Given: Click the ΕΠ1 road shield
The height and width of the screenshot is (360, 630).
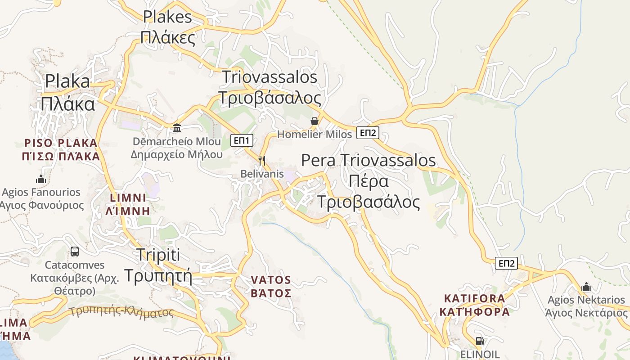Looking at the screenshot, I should click(x=242, y=140).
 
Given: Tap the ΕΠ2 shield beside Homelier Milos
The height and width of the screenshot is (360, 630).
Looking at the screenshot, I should click(x=368, y=133).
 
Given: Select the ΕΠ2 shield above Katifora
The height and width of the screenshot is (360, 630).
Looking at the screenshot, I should click(x=506, y=263).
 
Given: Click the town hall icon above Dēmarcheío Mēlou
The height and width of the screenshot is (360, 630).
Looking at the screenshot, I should click(x=177, y=128).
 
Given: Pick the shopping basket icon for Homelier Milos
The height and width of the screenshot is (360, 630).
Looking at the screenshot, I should click(x=315, y=121).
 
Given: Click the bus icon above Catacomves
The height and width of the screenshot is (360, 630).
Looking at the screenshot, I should click(x=75, y=252).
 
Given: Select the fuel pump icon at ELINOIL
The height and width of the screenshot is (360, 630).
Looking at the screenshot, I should click(x=480, y=341).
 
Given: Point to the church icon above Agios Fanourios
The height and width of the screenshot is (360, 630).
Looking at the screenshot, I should click(x=41, y=179).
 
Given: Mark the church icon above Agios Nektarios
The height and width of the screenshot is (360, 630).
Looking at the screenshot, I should click(x=586, y=287).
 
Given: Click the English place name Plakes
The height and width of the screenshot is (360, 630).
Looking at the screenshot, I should click(x=167, y=17).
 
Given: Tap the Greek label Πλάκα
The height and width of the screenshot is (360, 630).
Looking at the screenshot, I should click(x=68, y=104).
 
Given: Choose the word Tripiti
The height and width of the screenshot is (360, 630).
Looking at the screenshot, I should click(x=157, y=255).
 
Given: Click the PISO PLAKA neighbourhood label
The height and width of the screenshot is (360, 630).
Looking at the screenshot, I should click(x=61, y=144).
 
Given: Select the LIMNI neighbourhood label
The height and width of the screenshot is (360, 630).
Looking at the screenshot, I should click(x=128, y=198).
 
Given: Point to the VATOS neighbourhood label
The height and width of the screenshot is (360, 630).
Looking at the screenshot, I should click(x=271, y=280).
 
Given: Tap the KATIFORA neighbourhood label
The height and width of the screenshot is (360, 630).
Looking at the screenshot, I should click(x=474, y=298).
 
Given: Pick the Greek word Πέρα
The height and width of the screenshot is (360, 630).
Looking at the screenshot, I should click(x=369, y=181).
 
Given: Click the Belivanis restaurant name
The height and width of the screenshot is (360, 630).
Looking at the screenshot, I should click(x=262, y=174).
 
